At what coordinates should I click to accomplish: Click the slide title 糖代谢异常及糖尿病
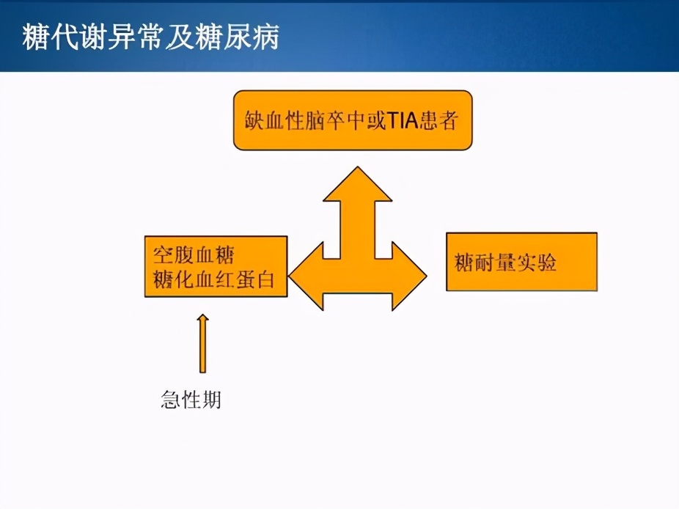[151, 37]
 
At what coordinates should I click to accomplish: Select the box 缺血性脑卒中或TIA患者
[353, 120]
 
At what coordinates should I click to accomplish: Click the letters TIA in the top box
[403, 120]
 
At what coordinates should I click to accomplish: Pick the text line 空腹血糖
[194, 255]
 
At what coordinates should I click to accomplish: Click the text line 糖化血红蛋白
[214, 279]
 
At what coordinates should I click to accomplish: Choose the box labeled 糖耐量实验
[522, 262]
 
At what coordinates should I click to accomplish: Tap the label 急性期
[191, 399]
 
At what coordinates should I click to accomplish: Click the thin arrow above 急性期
[202, 343]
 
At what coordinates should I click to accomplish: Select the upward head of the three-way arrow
[358, 184]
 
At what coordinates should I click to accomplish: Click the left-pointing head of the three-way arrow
[306, 276]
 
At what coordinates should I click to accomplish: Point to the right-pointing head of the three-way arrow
[410, 276]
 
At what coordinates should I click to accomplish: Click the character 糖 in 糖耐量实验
[464, 263]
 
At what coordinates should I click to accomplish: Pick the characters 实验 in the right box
[537, 263]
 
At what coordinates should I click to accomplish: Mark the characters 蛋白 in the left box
[255, 279]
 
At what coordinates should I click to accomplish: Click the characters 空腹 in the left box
[173, 255]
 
